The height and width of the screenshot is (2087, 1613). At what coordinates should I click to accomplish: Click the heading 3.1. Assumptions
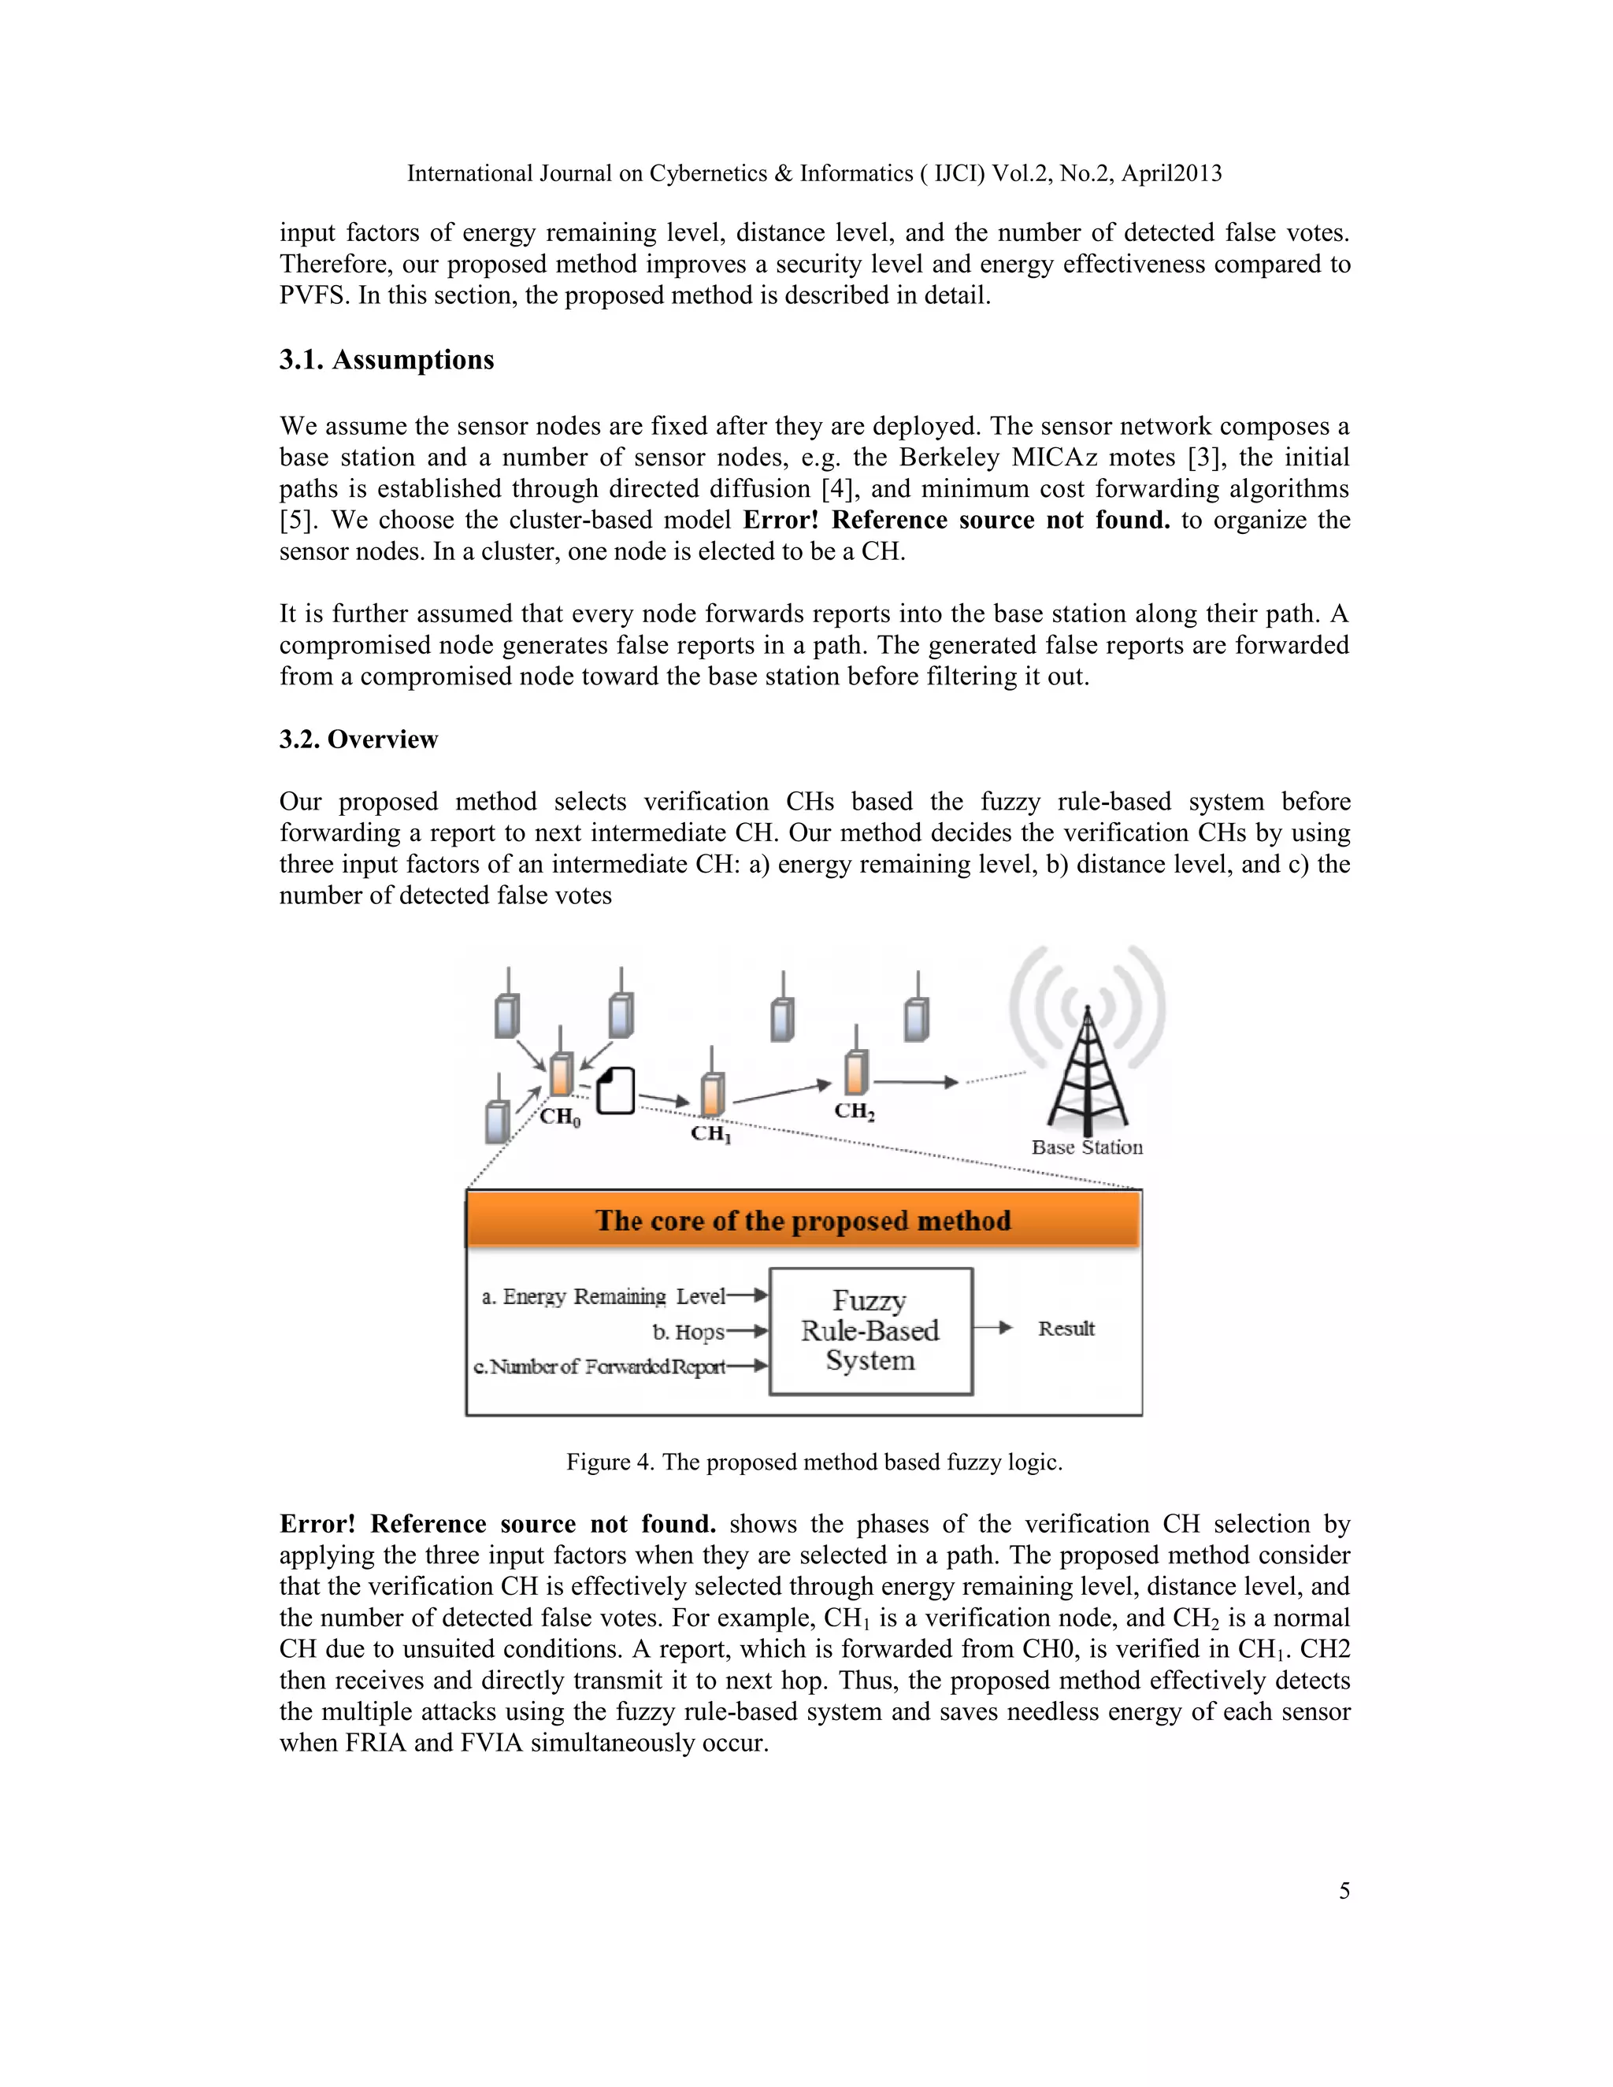pos(386,360)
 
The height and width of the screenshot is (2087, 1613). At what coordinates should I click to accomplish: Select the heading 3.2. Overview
pos(358,740)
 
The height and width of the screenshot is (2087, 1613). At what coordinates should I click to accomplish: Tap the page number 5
pos(1344,1890)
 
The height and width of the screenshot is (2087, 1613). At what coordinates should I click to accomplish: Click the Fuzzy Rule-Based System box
pos(870,1331)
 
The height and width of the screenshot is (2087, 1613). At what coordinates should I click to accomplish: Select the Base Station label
pos(1086,1147)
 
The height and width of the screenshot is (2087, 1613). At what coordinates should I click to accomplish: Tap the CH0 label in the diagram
pos(560,1117)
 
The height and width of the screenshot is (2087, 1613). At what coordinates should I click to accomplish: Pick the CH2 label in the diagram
pos(855,1111)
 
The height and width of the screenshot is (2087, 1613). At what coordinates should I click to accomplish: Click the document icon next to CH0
pos(617,1092)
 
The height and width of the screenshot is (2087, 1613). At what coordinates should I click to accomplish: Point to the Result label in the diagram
pos(1066,1329)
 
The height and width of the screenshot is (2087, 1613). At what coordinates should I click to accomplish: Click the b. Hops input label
pos(688,1332)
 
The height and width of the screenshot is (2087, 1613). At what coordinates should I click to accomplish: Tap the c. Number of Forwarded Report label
pos(599,1366)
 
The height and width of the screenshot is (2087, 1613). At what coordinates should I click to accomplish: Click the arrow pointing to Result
pos(994,1327)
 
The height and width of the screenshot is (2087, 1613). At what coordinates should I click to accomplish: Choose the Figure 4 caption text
pos(814,1461)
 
